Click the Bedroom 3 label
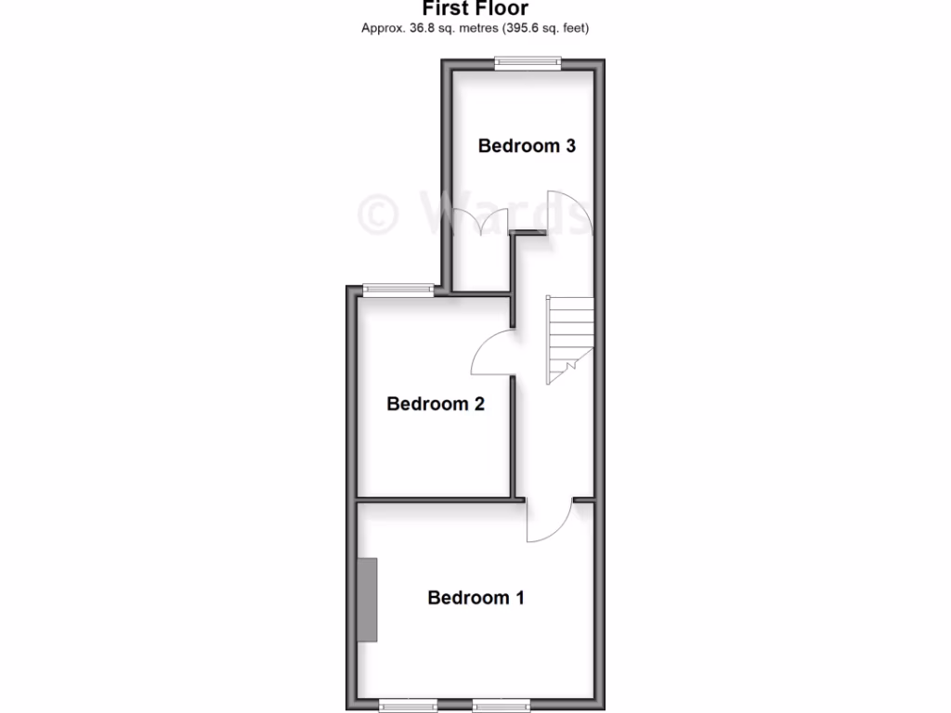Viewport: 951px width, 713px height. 527,146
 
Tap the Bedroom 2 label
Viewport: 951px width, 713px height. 436,404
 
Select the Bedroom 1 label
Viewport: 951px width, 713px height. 475,598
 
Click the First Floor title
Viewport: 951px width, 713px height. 475,9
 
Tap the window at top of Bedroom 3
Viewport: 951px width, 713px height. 528,62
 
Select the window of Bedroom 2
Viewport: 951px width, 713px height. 398,289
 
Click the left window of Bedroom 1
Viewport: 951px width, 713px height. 409,705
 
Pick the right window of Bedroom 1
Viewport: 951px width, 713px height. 502,705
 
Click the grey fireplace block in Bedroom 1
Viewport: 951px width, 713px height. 369,600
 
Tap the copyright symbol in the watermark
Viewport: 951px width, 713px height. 378,213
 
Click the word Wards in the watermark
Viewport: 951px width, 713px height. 502,213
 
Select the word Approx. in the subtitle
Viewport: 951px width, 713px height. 381,29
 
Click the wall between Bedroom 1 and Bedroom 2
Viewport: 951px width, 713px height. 436,499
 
